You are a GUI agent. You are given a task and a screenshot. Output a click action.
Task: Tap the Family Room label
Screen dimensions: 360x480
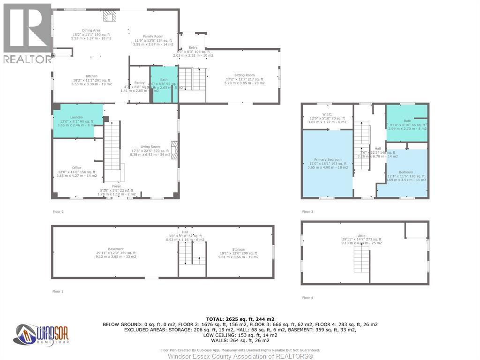coord(153,37)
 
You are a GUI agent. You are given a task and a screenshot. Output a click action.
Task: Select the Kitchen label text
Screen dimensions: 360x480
coord(91,76)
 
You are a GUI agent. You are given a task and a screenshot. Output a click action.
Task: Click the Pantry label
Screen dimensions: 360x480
coord(139,82)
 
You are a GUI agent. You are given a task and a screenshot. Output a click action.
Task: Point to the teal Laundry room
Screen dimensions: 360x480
coord(77,121)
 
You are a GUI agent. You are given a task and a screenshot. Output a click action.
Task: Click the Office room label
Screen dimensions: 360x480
coord(77,168)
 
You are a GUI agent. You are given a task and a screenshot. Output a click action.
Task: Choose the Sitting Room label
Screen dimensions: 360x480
coord(245,75)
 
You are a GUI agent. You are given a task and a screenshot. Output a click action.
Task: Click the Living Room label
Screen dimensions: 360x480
coord(150,147)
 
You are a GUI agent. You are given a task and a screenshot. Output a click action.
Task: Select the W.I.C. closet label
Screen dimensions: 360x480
coord(327,114)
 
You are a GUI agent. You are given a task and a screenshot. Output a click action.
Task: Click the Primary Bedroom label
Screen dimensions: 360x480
coord(327,159)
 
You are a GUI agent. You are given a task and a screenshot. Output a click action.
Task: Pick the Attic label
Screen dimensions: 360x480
coord(361,236)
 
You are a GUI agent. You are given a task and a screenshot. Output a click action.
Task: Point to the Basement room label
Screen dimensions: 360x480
coord(116,249)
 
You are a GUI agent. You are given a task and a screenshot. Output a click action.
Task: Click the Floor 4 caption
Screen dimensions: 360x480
coord(307,298)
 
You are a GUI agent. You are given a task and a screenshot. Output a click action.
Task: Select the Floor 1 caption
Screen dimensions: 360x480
coord(58,292)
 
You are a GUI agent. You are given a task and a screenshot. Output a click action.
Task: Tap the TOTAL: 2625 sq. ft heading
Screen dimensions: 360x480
coord(240,318)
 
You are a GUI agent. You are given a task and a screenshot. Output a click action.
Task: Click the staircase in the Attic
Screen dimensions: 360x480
coord(361,259)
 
